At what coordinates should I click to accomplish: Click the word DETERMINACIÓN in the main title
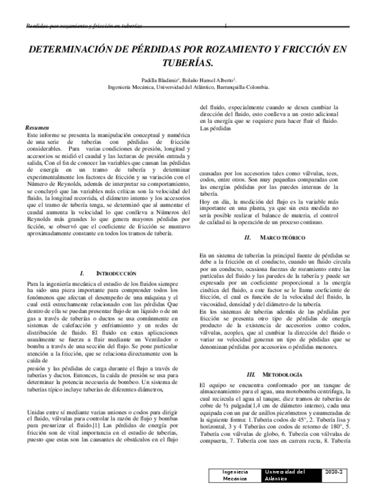click(x=69, y=50)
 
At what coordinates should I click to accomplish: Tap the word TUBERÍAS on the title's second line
click(x=188, y=63)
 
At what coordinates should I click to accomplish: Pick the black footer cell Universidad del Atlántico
click(x=286, y=475)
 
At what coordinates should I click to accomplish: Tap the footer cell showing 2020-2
click(x=333, y=471)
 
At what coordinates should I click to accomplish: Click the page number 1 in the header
click(x=226, y=26)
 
